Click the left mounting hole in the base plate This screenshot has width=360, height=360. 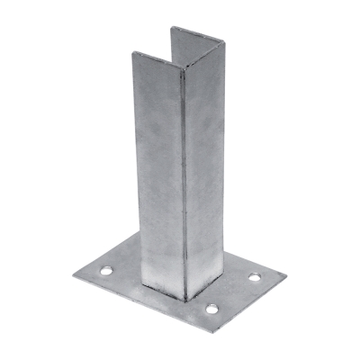tap(108, 270)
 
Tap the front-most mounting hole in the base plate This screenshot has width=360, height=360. tap(212, 310)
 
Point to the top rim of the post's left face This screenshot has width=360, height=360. tap(158, 62)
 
